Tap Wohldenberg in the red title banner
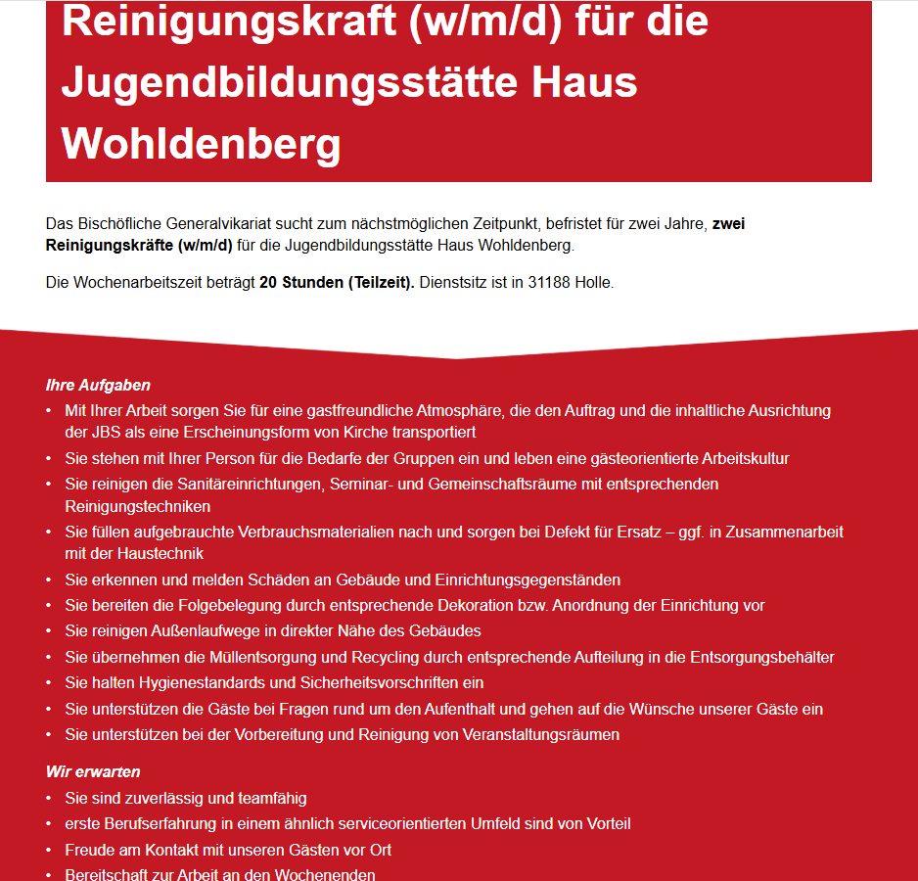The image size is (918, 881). point(201,143)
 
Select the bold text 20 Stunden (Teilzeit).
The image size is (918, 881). point(337,283)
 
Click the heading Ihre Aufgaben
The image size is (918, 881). point(98,386)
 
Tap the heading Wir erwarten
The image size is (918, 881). point(93,772)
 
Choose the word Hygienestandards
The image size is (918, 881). point(184,683)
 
